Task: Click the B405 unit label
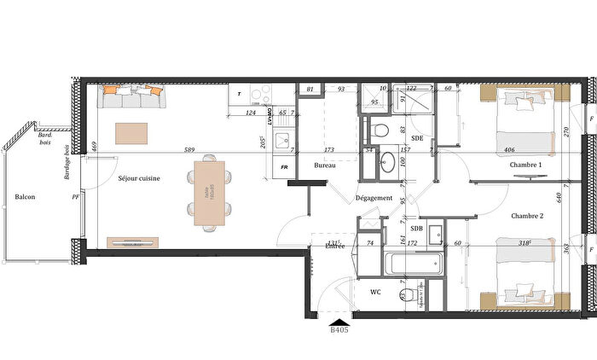click(x=339, y=329)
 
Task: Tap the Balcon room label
click(x=26, y=197)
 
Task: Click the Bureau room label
click(x=323, y=165)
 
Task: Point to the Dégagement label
click(x=374, y=198)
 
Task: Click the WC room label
click(x=375, y=292)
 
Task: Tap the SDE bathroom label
click(x=417, y=137)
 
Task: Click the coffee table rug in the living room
click(x=131, y=133)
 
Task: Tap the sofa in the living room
click(x=130, y=97)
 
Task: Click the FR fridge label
click(x=285, y=166)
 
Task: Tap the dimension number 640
click(x=581, y=196)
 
